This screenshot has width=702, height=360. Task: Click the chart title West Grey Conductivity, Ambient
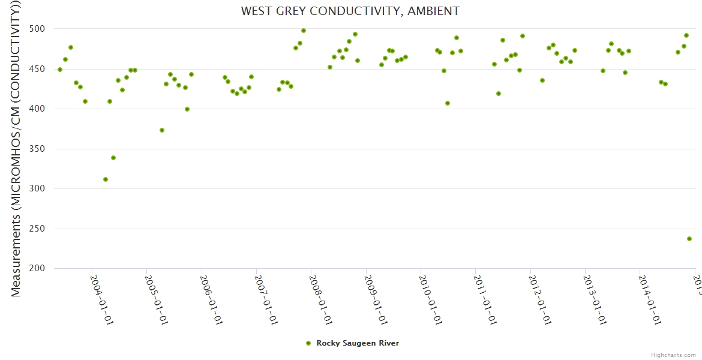pyautogui.click(x=350, y=11)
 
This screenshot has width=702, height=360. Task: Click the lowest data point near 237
pyautogui.click(x=689, y=239)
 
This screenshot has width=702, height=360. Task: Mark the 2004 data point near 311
pyautogui.click(x=106, y=179)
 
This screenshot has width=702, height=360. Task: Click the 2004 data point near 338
pyautogui.click(x=113, y=158)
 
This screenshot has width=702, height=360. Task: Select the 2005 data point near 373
pyautogui.click(x=162, y=130)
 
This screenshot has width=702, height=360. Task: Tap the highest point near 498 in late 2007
pyautogui.click(x=304, y=31)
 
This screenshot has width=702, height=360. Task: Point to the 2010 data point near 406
pyautogui.click(x=448, y=103)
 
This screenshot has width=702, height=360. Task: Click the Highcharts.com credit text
pyautogui.click(x=674, y=355)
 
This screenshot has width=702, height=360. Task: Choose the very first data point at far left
pyautogui.click(x=60, y=70)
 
